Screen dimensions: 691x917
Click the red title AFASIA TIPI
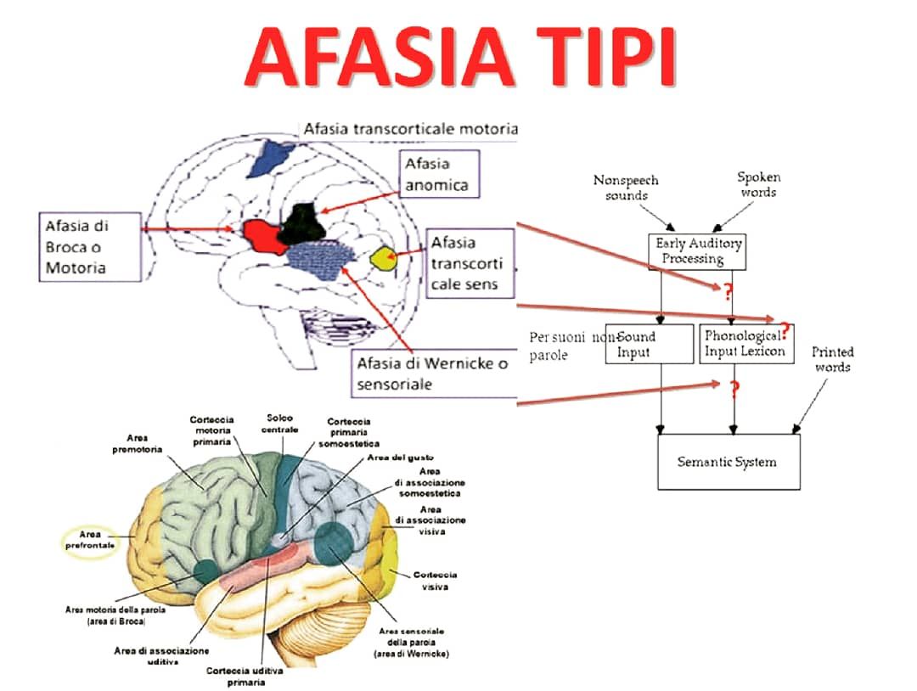pyautogui.click(x=459, y=56)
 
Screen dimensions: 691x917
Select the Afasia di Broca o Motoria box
pyautogui.click(x=90, y=247)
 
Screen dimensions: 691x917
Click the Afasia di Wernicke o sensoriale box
pyautogui.click(x=433, y=374)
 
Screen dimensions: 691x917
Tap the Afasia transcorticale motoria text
pyautogui.click(x=410, y=129)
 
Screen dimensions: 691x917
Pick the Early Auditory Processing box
pyautogui.click(x=698, y=251)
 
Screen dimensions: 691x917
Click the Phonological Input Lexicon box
pyautogui.click(x=746, y=343)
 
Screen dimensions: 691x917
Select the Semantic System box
pyautogui.click(x=728, y=462)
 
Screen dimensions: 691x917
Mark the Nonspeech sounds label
pyautogui.click(x=626, y=188)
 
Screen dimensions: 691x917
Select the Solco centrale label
pyautogui.click(x=281, y=424)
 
